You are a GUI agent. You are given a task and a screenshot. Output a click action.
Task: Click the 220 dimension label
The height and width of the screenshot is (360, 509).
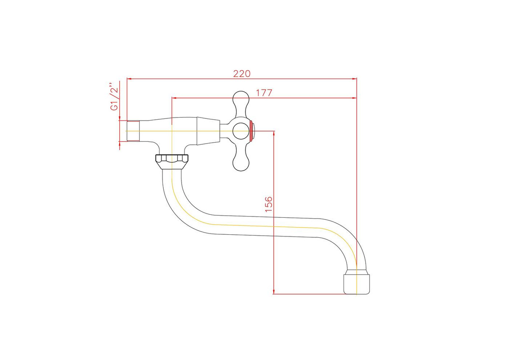click(x=242, y=73)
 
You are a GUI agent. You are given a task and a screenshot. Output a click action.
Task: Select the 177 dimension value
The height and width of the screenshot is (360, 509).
click(x=264, y=93)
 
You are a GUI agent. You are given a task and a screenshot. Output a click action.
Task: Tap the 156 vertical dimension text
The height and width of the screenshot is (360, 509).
click(x=268, y=204)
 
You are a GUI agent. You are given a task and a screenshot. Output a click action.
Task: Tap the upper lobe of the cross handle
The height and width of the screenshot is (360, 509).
click(x=241, y=101)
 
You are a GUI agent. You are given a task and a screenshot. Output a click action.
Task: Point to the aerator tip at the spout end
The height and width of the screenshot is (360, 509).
click(x=357, y=283)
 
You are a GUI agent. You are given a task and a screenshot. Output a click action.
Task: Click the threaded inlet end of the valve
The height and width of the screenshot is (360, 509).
click(x=133, y=131)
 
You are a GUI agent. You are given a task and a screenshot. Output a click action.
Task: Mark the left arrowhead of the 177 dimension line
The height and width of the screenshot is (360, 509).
click(x=173, y=98)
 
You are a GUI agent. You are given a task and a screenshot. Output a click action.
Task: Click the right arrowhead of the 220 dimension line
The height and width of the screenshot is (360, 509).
click(x=354, y=79)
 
